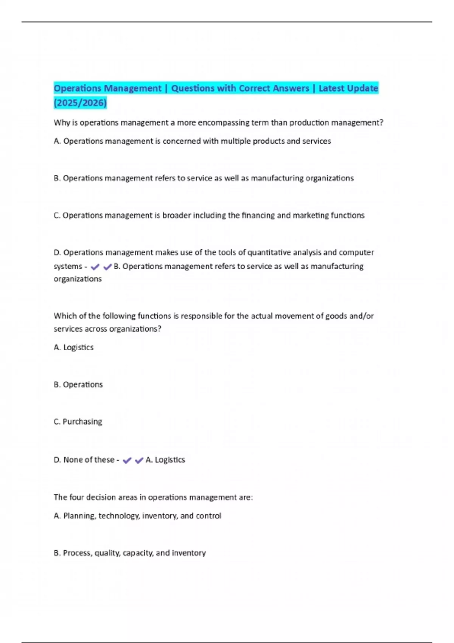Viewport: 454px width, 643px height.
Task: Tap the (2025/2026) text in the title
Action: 80,103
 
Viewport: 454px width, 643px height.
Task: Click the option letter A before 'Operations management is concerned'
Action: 57,141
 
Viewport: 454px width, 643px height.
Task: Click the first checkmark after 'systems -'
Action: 95,267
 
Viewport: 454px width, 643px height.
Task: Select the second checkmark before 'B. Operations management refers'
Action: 107,267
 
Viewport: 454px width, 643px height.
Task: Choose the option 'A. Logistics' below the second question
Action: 74,347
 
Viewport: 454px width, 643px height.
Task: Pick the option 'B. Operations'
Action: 78,384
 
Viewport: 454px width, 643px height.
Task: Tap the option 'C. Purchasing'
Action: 78,421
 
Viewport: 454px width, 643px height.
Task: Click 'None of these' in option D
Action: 89,460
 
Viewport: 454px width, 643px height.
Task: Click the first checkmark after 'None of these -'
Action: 127,460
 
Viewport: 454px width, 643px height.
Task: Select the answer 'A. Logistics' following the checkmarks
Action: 165,460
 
